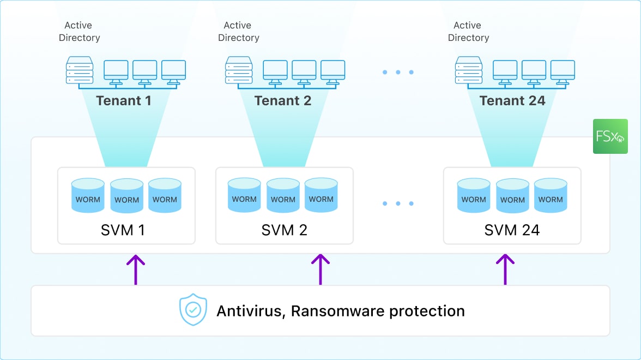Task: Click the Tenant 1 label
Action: click(124, 101)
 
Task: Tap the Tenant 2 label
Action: click(283, 101)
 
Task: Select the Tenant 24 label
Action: click(512, 101)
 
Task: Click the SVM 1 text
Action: click(123, 230)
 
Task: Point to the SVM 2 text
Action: click(285, 230)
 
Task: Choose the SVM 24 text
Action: click(512, 230)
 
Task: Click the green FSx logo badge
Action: click(610, 136)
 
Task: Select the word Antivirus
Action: click(251, 311)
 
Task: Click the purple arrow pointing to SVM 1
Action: click(136, 269)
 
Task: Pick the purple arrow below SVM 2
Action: click(320, 269)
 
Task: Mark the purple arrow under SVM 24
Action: click(505, 269)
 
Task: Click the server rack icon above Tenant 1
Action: click(80, 70)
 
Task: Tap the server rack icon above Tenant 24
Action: click(469, 70)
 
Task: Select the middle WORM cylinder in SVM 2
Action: click(283, 195)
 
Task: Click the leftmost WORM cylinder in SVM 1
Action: click(88, 195)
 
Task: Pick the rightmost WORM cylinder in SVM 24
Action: click(551, 195)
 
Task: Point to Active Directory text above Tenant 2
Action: click(238, 32)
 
